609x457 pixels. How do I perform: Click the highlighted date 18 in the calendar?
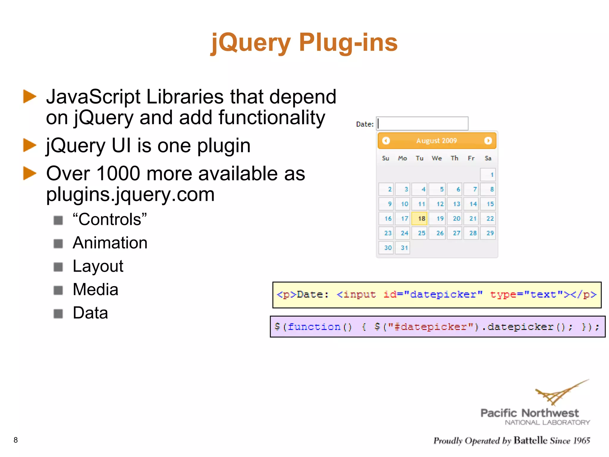(419, 218)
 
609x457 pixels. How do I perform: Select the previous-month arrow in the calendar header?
(386, 140)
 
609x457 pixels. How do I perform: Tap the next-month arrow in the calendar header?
(488, 140)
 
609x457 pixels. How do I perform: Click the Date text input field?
(422, 123)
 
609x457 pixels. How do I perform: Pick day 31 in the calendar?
(403, 248)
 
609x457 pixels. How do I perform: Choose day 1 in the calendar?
(488, 175)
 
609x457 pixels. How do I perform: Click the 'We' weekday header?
(437, 158)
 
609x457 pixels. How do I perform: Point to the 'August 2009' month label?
(437, 140)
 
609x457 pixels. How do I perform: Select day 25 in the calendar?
(419, 233)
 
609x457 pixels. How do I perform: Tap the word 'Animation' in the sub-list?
(110, 243)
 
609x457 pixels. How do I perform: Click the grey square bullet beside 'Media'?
(58, 290)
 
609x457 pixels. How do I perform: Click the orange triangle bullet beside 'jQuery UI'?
(30, 145)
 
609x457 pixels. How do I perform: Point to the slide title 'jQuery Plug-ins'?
(304, 42)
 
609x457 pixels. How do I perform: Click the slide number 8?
(16, 440)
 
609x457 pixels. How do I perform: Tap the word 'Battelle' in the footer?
(530, 440)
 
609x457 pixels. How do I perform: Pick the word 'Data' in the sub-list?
(90, 313)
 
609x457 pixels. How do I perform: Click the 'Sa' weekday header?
(488, 158)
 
